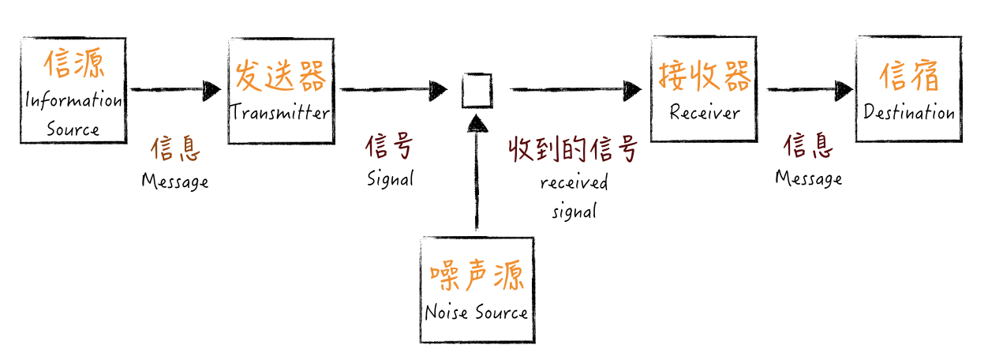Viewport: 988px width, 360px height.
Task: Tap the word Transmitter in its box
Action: tap(280, 113)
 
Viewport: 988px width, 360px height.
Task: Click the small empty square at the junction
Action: tap(477, 90)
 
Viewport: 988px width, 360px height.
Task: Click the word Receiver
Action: tap(705, 113)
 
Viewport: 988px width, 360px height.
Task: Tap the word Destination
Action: tap(909, 113)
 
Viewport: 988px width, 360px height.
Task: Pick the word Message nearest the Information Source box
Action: tap(175, 182)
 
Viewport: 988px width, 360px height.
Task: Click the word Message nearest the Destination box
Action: tap(808, 178)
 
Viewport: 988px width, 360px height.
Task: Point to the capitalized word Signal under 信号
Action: tap(390, 179)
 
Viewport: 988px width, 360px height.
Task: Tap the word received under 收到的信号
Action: tap(574, 183)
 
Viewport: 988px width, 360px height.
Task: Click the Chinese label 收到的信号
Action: tap(572, 149)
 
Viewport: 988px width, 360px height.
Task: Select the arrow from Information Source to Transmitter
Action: tap(175, 90)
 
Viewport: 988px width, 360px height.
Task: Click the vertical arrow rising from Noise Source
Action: tap(476, 174)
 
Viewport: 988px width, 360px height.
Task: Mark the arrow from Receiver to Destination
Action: tap(810, 89)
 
